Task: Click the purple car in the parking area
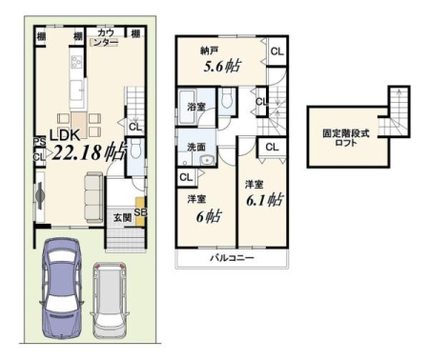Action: tap(61, 289)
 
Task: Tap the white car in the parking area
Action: tap(110, 300)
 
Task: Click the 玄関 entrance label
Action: tap(122, 218)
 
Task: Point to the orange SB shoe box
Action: tap(140, 211)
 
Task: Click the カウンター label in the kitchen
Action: tap(106, 38)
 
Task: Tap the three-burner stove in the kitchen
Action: tap(76, 61)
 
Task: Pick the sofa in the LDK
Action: tap(93, 197)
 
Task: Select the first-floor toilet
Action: tap(135, 150)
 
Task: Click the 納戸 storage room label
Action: tap(209, 50)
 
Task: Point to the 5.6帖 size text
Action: tap(221, 67)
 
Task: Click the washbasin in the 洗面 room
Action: tap(208, 160)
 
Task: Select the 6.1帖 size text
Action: tap(264, 200)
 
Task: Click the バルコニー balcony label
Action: tap(233, 258)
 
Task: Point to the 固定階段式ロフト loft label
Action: tap(346, 138)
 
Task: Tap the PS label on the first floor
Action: tap(40, 142)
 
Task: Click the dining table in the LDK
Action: tap(79, 125)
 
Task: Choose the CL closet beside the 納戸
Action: tap(277, 51)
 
